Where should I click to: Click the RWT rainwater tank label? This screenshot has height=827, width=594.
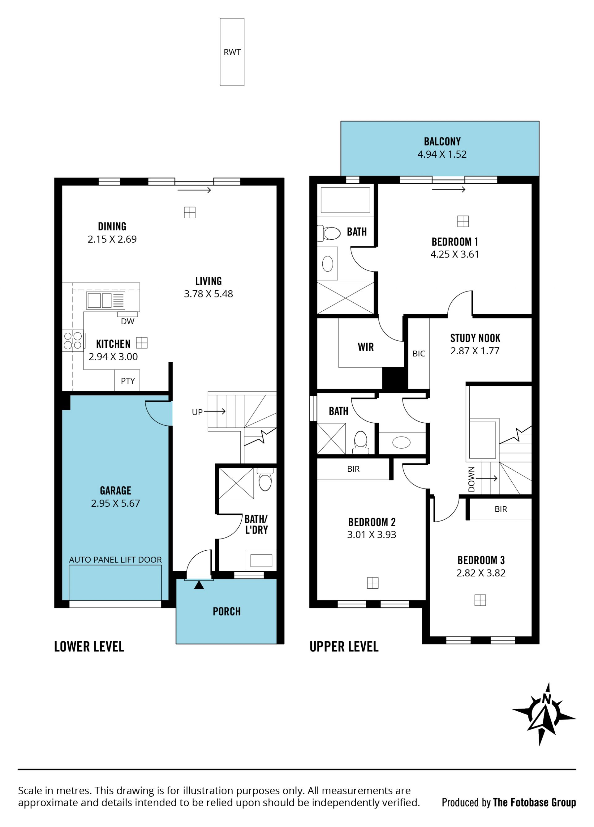tap(232, 52)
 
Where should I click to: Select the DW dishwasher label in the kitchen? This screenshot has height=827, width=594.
tap(128, 321)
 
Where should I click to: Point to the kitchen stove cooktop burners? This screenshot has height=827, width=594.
tap(73, 340)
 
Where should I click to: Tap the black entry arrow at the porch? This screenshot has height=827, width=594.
tap(199, 585)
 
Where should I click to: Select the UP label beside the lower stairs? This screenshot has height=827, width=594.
tap(197, 412)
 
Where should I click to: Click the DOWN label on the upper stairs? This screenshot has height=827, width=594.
tap(471, 479)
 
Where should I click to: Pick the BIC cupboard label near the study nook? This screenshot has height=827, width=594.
tap(419, 353)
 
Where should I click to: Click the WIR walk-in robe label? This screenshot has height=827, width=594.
tap(366, 347)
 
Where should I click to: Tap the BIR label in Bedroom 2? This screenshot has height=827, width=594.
tap(353, 469)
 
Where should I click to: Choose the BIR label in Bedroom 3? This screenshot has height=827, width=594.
tap(501, 509)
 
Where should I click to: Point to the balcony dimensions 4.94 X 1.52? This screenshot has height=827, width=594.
tap(442, 154)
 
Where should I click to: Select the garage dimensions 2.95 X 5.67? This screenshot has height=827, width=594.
tap(115, 503)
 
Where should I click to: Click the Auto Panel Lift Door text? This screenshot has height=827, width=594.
tap(115, 560)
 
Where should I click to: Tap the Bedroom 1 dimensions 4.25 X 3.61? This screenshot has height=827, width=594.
tap(454, 254)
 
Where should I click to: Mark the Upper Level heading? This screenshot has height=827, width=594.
tap(344, 646)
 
